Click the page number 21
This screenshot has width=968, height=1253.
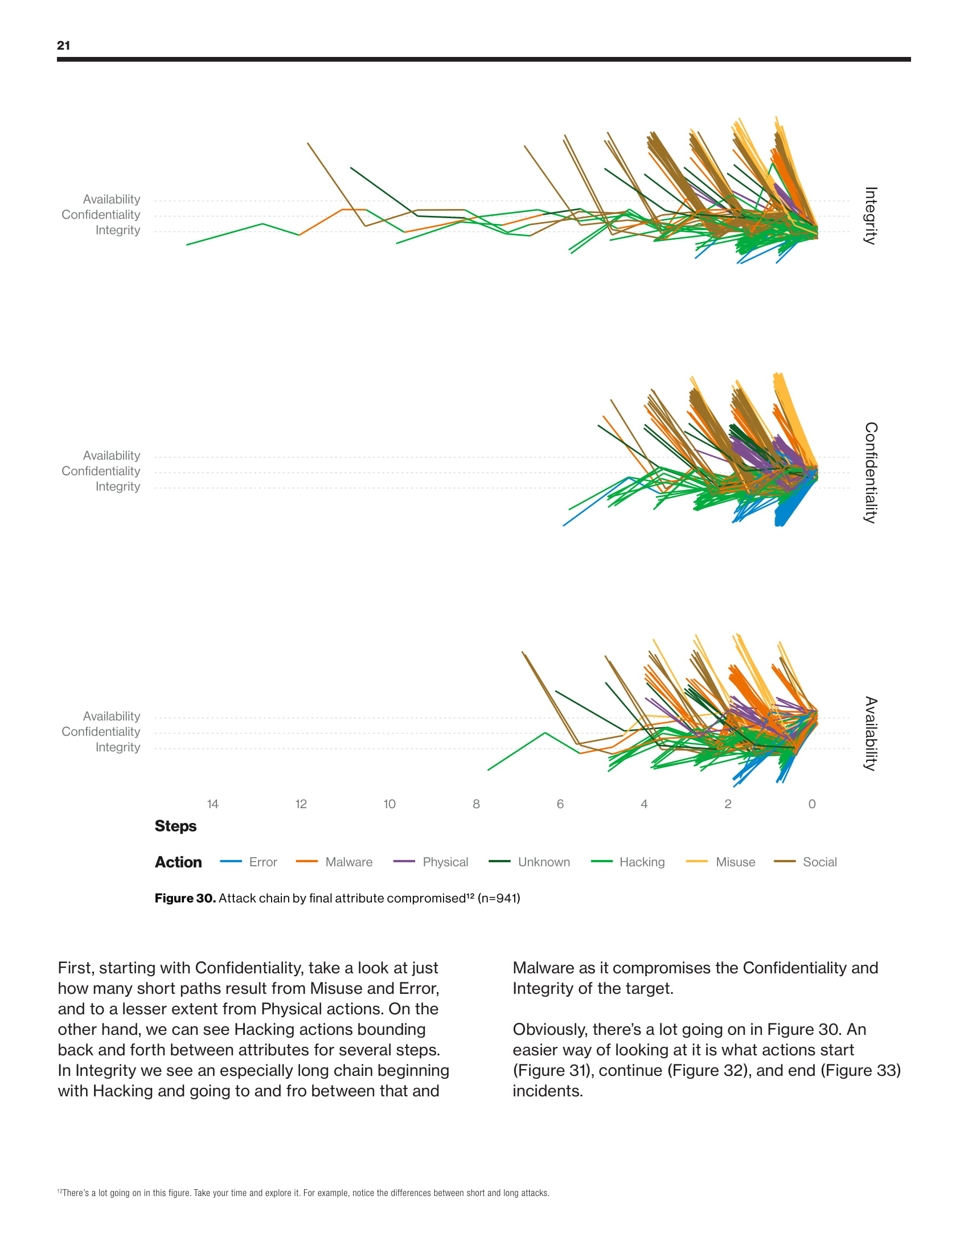(63, 46)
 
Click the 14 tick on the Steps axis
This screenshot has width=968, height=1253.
(213, 804)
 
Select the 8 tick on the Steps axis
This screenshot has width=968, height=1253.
(476, 804)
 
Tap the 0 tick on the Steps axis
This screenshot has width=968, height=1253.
(811, 804)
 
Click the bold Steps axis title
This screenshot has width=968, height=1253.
(175, 826)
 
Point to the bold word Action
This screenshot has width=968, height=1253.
(178, 862)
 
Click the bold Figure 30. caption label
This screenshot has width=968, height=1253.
(185, 898)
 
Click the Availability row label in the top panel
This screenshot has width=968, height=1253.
(111, 199)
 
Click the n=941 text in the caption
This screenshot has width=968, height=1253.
(498, 898)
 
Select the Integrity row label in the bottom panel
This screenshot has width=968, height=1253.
(117, 747)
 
